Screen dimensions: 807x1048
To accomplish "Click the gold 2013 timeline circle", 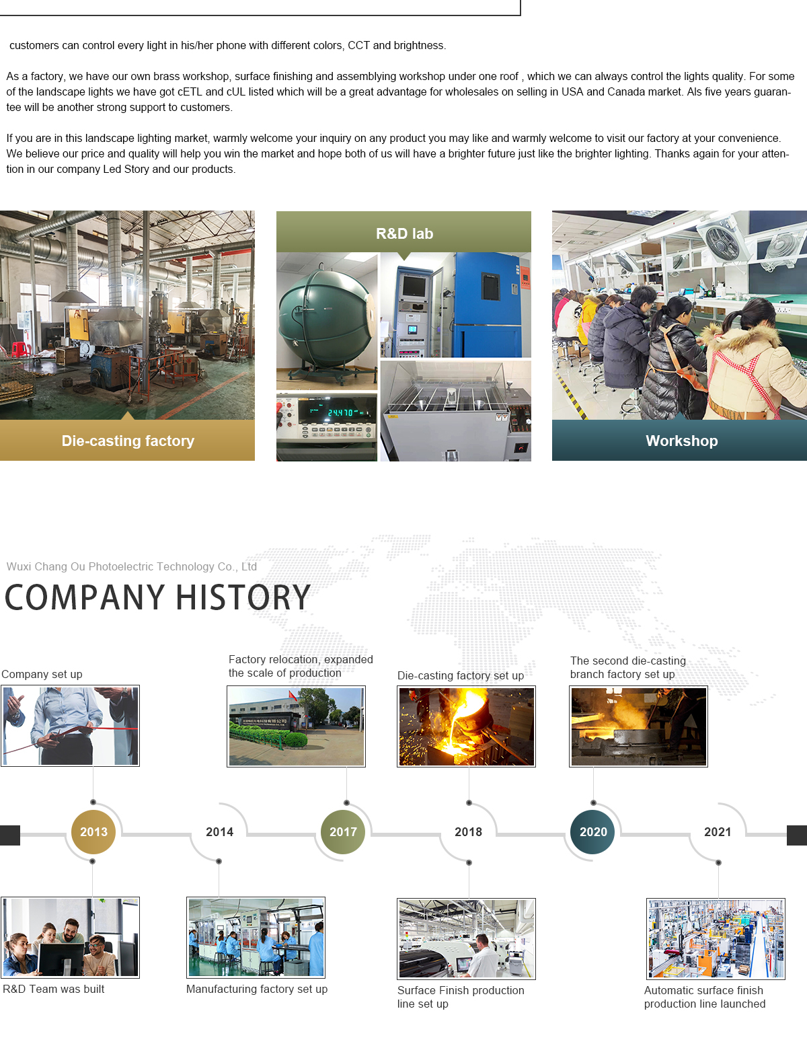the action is [93, 831].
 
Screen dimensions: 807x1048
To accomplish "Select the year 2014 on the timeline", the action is [219, 831].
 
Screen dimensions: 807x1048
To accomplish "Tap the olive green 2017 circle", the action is [343, 831].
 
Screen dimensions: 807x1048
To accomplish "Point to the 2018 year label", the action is [468, 831].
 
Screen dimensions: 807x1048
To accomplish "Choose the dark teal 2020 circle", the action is [592, 831].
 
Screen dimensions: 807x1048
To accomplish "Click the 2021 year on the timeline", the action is [718, 831].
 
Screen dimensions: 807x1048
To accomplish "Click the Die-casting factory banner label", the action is [128, 441].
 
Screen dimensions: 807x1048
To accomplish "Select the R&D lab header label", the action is [404, 233].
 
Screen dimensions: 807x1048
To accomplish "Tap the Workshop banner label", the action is [682, 441].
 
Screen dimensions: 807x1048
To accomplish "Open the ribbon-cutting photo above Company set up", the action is [71, 725].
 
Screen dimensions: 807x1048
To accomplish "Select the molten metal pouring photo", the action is [466, 726].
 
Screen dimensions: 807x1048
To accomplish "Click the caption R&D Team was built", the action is [54, 989].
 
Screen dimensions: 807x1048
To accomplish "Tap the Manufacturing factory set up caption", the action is [256, 989].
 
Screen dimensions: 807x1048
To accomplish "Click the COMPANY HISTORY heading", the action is [157, 597].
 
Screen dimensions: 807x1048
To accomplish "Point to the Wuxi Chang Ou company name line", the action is [132, 566].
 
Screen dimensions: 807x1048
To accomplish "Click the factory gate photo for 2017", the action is [296, 726].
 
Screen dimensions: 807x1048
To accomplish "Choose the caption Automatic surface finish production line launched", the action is [704, 996].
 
